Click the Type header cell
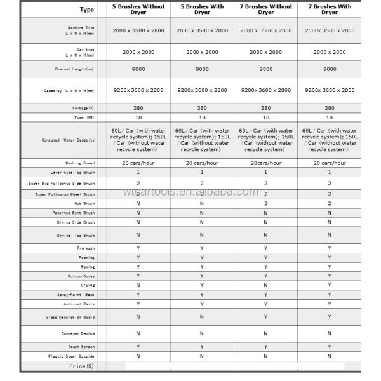coord(86,10)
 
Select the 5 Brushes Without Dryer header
coord(138,10)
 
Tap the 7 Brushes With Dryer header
coord(330,10)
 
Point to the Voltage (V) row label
coord(83,108)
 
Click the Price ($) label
coord(81,366)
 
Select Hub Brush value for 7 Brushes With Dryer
coord(330,203)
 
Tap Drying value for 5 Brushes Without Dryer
coord(138,285)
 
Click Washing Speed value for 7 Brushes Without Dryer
coord(266,163)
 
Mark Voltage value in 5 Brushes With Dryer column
coord(202,108)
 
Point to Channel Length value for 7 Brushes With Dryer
coord(330,69)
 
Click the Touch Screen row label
coord(81,347)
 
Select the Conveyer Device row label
coord(79,333)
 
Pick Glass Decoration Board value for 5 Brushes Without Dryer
coord(138,316)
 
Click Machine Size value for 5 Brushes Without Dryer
coord(138,30)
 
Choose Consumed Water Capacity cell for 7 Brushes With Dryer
coord(330,140)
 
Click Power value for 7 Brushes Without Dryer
coord(266,117)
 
